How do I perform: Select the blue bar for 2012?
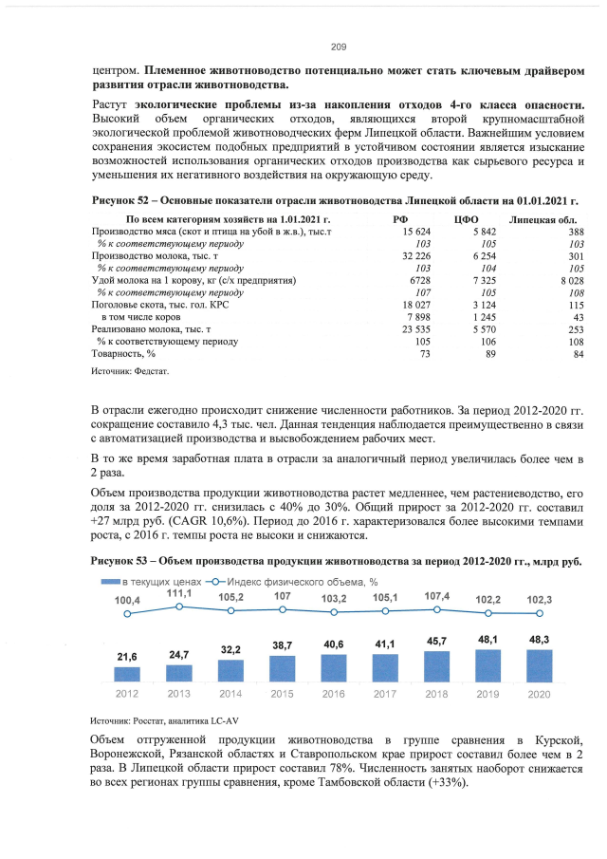coord(127,674)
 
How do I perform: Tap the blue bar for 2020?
coord(539,665)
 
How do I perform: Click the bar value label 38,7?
coord(281,645)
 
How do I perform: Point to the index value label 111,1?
coord(178,592)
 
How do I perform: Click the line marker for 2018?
coord(436,609)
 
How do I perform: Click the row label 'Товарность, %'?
coord(120,353)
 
